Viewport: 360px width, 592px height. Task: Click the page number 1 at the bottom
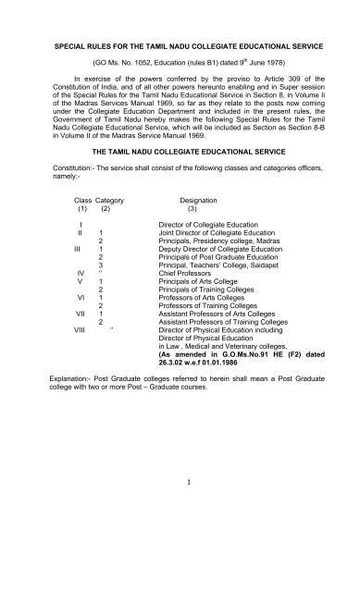pos(180,532)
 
